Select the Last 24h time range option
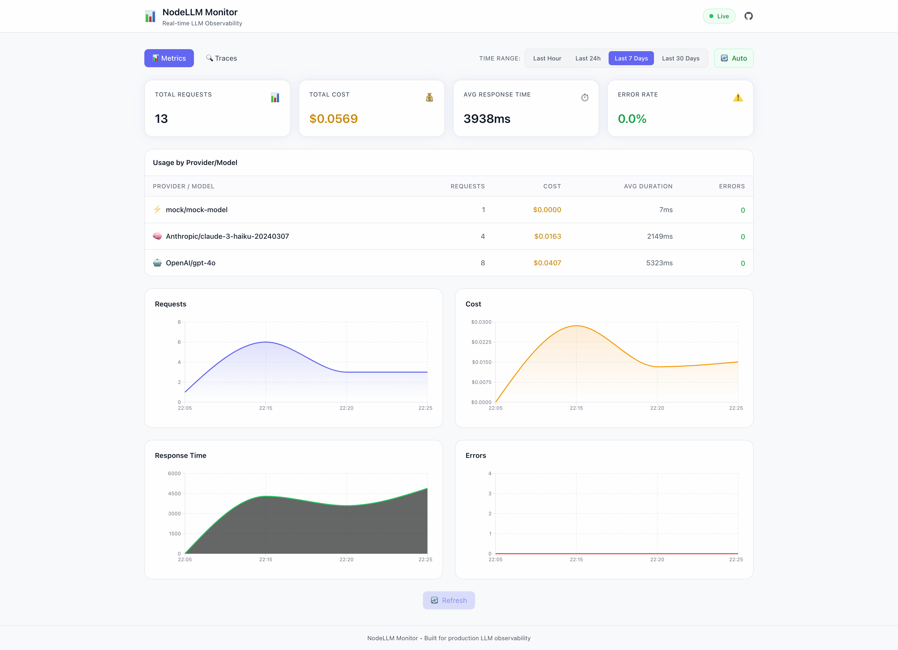588,58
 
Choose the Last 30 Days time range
680,58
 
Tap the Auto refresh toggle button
733,58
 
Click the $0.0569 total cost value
333,119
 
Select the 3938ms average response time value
487,119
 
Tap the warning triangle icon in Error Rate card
738,98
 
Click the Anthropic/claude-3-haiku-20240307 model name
227,236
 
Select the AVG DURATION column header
648,186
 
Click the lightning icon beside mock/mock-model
157,210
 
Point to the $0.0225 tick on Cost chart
481,342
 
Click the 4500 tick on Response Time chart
174,494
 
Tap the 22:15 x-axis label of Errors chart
576,559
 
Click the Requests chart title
170,304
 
